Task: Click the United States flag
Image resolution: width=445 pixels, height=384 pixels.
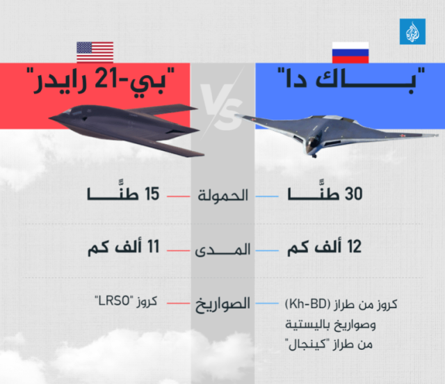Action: [x=95, y=52]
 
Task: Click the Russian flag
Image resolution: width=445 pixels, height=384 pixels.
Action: [x=350, y=52]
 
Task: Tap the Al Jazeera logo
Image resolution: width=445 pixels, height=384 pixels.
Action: [x=412, y=31]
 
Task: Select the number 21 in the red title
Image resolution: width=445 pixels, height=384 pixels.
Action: [x=106, y=80]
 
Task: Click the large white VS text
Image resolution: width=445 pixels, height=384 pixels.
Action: [x=222, y=107]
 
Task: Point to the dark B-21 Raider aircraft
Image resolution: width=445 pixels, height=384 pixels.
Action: [x=127, y=127]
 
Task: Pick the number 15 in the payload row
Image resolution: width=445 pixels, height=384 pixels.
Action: [x=152, y=194]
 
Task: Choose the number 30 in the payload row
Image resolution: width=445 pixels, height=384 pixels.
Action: [x=353, y=194]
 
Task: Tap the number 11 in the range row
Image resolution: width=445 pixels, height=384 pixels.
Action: [x=153, y=246]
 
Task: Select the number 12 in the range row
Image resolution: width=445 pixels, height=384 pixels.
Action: [x=354, y=246]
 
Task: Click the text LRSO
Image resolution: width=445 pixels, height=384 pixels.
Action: [x=114, y=301]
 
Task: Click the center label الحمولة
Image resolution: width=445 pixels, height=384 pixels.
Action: [x=222, y=195]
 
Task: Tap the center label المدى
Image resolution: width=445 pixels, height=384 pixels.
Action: [x=222, y=250]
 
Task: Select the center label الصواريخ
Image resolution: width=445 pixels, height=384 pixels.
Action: [x=222, y=305]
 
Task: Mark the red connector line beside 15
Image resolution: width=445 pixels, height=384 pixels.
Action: [x=178, y=196]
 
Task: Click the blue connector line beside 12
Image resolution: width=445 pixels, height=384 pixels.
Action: [x=267, y=250]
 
